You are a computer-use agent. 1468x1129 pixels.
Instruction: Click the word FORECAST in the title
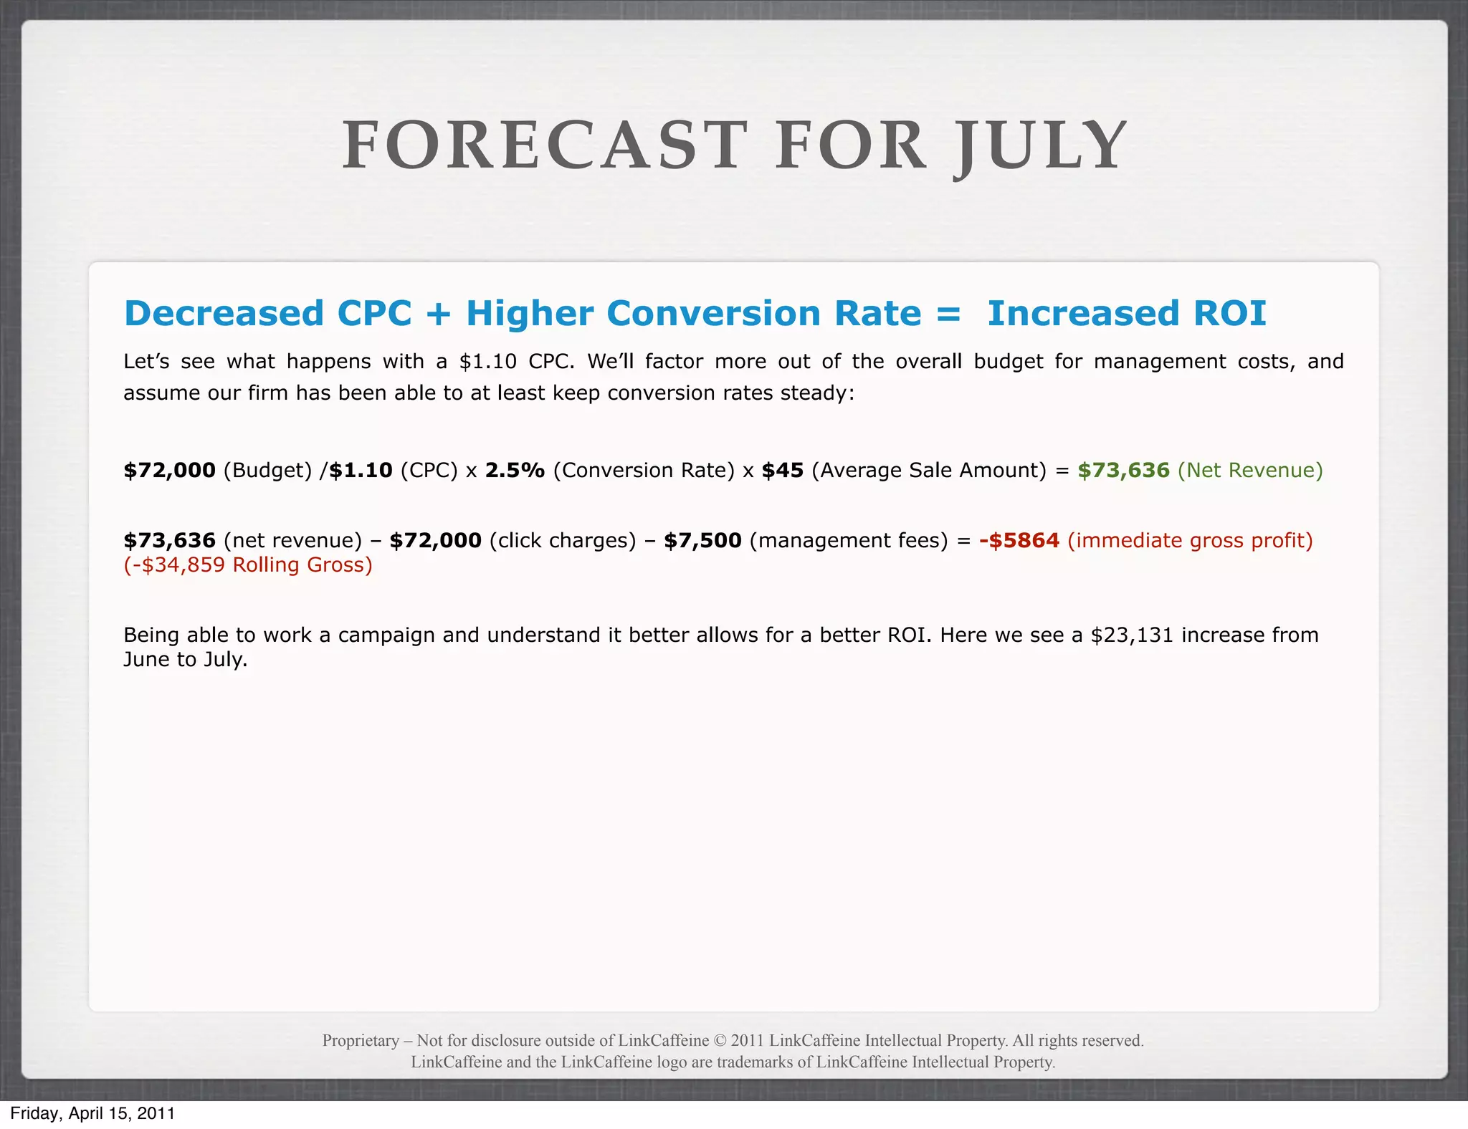point(545,146)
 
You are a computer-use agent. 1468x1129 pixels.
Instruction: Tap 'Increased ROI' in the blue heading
point(1127,314)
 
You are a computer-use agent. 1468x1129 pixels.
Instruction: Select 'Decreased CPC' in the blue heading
point(268,314)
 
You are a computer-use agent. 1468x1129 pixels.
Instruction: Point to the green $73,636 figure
point(1123,471)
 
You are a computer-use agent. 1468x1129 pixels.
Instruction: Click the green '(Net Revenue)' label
point(1250,471)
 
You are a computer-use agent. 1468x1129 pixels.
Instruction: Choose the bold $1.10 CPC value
point(361,471)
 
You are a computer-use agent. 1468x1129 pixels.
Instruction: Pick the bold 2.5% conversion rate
point(515,471)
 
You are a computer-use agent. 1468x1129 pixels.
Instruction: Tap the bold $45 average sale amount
point(782,471)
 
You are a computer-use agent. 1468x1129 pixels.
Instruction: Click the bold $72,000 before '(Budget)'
point(169,471)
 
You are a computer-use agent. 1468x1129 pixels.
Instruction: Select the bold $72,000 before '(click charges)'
point(435,541)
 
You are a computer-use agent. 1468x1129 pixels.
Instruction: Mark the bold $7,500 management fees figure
point(702,541)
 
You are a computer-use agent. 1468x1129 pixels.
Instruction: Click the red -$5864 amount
point(1019,541)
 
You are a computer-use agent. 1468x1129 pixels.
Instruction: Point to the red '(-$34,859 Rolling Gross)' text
point(248,565)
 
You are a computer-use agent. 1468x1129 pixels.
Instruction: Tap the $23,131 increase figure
point(1132,635)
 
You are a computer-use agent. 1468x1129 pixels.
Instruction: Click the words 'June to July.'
point(185,660)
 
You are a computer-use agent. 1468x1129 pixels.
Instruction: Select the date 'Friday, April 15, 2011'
point(92,1113)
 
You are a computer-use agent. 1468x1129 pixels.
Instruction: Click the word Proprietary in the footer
point(361,1040)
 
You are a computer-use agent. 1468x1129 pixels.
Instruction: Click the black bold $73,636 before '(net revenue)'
point(169,541)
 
